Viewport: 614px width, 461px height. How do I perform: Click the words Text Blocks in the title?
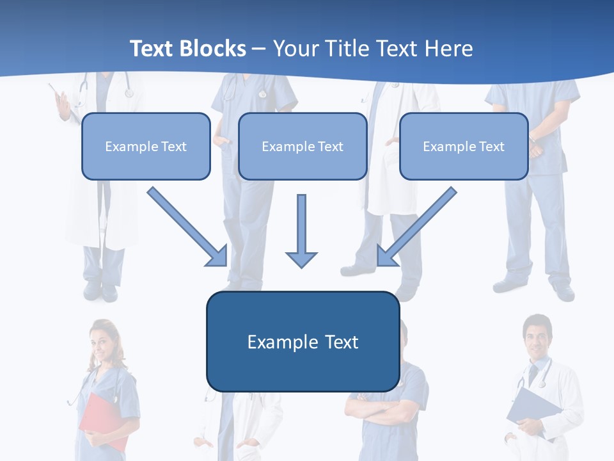point(187,49)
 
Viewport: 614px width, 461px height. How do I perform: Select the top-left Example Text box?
point(146,146)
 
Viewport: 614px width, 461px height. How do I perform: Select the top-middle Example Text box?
point(303,146)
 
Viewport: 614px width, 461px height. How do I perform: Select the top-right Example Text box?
point(464,146)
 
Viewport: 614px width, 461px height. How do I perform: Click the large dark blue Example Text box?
point(303,341)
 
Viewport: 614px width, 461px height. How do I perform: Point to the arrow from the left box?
point(187,227)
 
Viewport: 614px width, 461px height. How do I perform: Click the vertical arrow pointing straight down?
point(301,230)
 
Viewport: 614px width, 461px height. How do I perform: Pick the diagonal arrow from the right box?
point(417,227)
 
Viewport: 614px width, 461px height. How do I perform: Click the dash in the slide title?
point(259,49)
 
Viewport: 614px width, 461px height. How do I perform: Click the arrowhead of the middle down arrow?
point(301,259)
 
